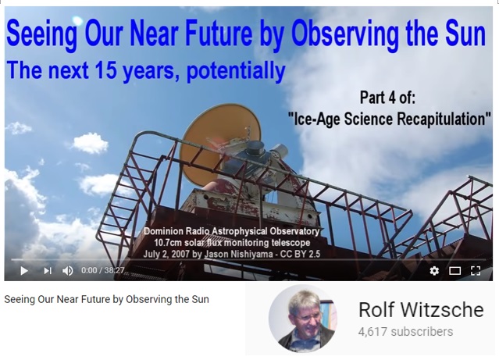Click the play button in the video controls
pyautogui.click(x=24, y=270)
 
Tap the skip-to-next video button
pyautogui.click(x=48, y=270)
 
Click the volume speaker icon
pyautogui.click(x=67, y=270)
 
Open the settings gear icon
pyautogui.click(x=434, y=270)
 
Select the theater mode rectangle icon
pyautogui.click(x=454, y=271)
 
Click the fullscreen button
pyautogui.click(x=476, y=270)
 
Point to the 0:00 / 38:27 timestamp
pyautogui.click(x=103, y=270)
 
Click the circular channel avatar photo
pyautogui.click(x=303, y=319)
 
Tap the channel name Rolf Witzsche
pyautogui.click(x=421, y=309)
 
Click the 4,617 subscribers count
pyautogui.click(x=405, y=332)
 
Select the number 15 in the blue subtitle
pyautogui.click(x=106, y=70)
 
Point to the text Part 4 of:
pyautogui.click(x=387, y=98)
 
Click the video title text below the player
pyautogui.click(x=107, y=300)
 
